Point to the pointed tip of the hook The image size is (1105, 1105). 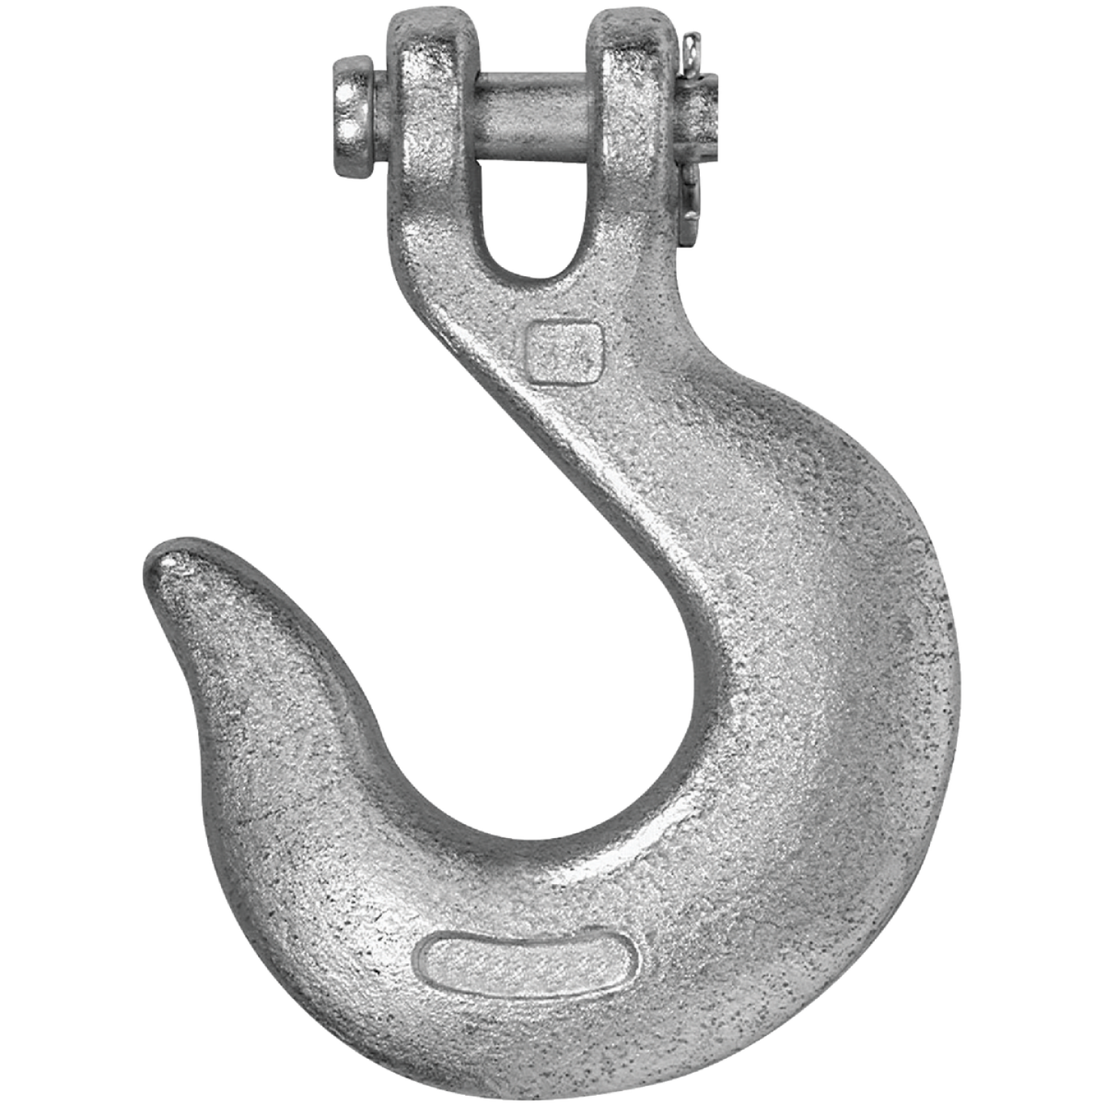coord(165,564)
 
